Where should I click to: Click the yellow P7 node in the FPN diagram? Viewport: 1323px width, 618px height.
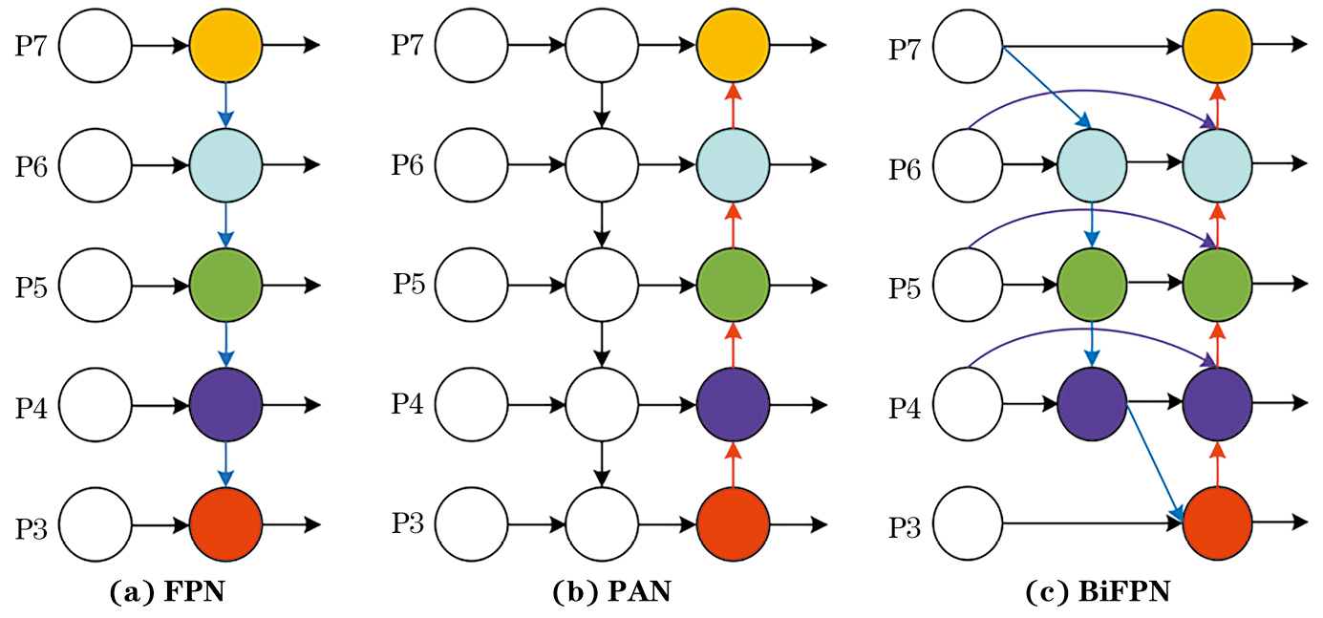point(225,45)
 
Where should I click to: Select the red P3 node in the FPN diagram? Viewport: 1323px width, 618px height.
point(225,524)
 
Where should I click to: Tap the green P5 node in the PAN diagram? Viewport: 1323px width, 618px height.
point(733,285)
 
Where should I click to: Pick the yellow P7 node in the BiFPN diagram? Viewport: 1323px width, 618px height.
point(1217,46)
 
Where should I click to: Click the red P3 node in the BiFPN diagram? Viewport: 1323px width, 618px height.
point(1217,523)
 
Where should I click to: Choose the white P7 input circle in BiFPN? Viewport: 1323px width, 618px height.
point(968,47)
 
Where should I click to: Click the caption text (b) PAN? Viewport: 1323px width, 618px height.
point(612,592)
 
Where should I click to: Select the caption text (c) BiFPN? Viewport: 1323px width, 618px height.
point(1098,592)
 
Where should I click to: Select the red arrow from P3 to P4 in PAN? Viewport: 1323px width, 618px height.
point(733,464)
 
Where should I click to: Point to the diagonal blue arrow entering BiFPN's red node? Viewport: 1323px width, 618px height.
point(1154,458)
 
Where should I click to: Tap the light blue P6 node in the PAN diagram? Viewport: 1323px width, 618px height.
point(733,164)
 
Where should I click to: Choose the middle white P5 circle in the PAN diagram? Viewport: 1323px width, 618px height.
point(602,285)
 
